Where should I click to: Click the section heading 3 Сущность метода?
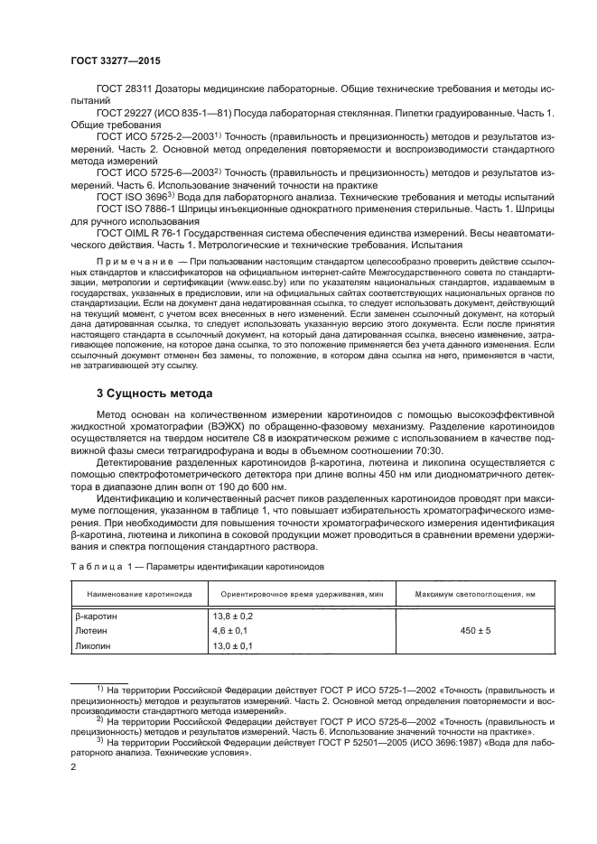click(x=154, y=394)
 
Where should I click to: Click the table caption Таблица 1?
click(x=101, y=566)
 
